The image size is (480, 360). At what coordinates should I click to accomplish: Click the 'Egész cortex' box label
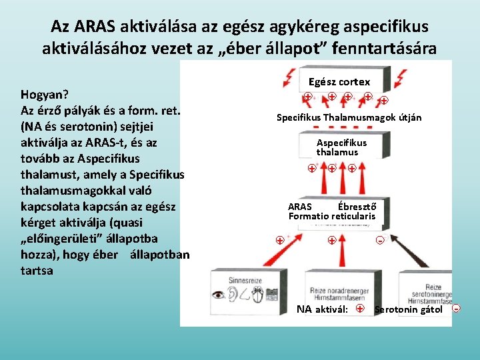coord(339,82)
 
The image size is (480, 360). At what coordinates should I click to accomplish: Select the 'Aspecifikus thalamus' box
coord(341,147)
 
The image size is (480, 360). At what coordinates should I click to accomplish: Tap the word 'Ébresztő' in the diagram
coord(356,206)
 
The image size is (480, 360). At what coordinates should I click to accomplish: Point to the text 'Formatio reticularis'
coord(331,216)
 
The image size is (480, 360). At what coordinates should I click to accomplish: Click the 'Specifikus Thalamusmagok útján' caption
coord(349,118)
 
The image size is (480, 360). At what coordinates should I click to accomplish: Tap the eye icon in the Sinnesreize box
coord(218,294)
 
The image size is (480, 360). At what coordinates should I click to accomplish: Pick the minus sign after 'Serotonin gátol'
coord(456,309)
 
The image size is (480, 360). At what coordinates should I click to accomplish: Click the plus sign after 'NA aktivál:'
coord(360,309)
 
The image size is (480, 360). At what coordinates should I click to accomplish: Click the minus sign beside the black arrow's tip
coord(380,240)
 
